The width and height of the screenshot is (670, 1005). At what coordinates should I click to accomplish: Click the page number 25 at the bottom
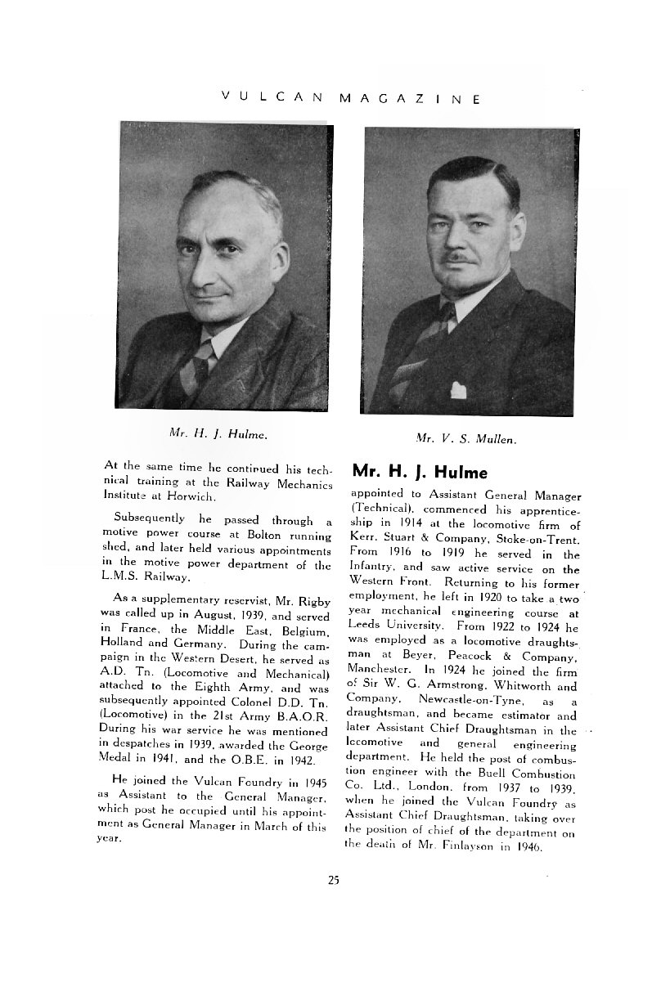333,880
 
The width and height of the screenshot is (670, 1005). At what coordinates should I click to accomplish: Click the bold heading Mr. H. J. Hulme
420,473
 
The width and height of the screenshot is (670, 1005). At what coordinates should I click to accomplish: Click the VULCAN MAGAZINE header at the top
351,97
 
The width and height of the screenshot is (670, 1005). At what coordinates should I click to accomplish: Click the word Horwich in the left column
191,496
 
